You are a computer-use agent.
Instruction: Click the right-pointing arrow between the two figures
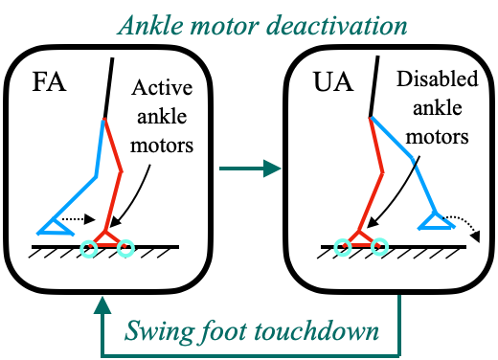tap(250, 169)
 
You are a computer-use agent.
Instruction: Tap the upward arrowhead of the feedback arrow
tap(102, 305)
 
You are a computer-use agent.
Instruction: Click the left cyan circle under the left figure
tap(90, 247)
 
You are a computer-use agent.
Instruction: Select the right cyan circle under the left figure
tap(126, 248)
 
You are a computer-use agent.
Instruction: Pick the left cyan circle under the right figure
tap(343, 247)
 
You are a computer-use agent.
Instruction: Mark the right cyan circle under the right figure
tap(380, 247)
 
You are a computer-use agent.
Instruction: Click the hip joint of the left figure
tap(104, 119)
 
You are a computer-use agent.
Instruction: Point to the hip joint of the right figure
tap(371, 118)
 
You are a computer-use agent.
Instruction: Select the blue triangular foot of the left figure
tap(57, 228)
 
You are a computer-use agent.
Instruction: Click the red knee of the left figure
tap(122, 172)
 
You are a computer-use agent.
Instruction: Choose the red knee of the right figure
tap(383, 172)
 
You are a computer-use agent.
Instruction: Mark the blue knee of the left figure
tap(97, 177)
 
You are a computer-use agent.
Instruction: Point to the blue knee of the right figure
tap(414, 159)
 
